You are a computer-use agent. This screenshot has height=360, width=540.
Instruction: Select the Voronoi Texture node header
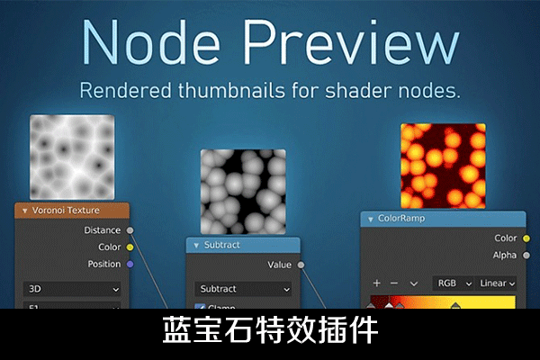(72, 211)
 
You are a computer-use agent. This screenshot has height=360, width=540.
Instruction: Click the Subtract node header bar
(243, 245)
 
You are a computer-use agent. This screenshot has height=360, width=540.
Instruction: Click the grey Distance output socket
(130, 230)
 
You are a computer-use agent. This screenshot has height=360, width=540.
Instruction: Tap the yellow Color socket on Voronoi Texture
(130, 247)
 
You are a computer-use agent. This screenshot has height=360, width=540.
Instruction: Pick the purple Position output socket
(130, 265)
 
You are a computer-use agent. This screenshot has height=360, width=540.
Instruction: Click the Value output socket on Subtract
(301, 265)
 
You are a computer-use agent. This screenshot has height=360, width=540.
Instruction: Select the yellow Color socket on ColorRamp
(525, 238)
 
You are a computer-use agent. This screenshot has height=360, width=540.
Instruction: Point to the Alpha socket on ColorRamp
(525, 256)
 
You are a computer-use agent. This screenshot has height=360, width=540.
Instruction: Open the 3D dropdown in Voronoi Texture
(72, 290)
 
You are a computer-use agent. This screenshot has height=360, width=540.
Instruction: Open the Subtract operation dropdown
(243, 290)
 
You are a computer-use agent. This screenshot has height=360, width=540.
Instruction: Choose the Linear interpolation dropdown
(497, 283)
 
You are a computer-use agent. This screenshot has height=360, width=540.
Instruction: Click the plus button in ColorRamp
(377, 283)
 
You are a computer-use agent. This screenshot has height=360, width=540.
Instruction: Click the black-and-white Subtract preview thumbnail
(243, 192)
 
